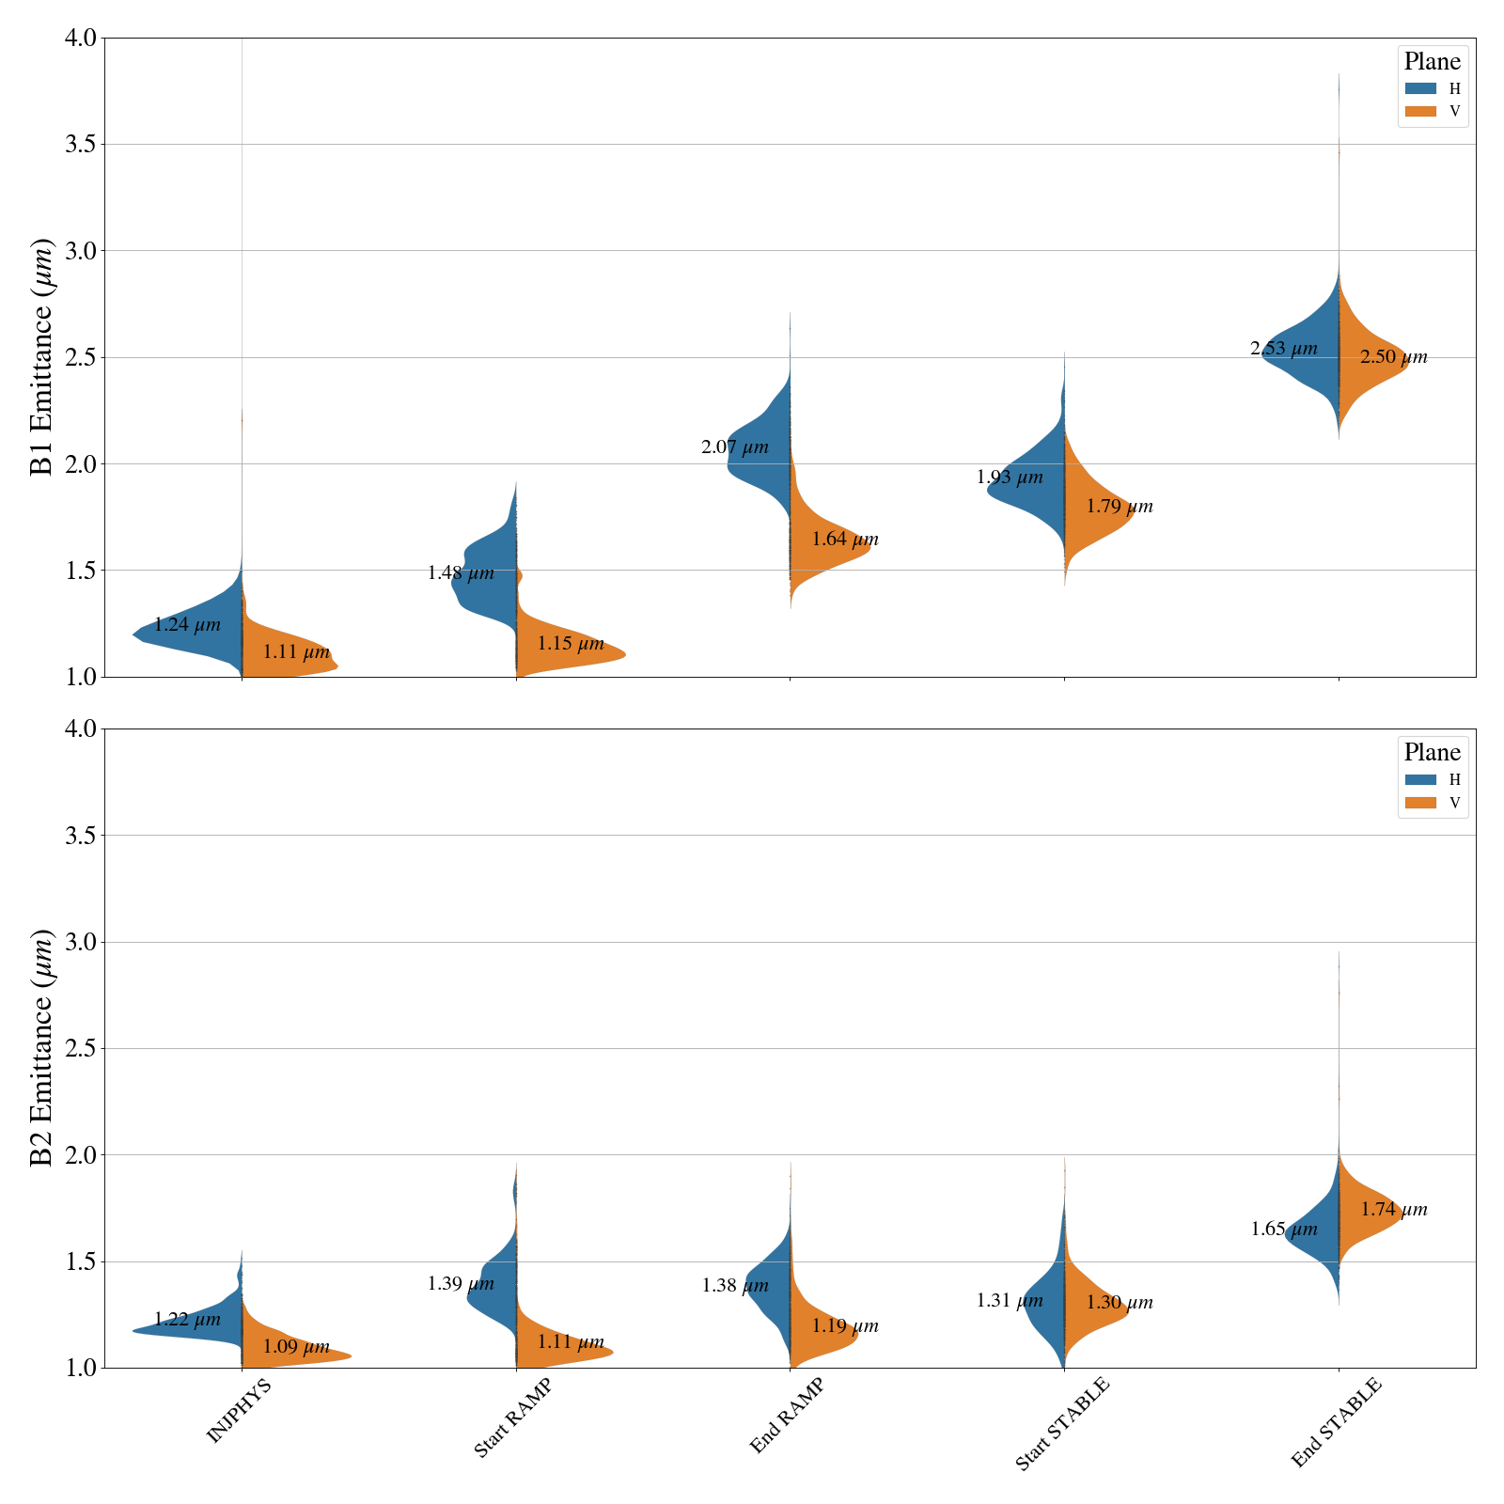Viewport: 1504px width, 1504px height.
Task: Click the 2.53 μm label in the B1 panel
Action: coord(1283,349)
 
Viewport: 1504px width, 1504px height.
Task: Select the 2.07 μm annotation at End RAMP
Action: coord(734,447)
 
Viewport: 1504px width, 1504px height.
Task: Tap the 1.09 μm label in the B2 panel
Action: coord(296,1346)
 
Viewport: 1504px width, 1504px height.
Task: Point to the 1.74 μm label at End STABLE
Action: coord(1394,1210)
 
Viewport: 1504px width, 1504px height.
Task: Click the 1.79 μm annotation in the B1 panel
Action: coord(1119,507)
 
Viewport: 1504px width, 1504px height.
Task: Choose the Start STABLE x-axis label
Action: coord(1062,1422)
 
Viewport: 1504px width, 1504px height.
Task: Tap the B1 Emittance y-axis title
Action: coord(42,357)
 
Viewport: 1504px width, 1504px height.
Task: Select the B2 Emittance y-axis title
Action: coord(42,1048)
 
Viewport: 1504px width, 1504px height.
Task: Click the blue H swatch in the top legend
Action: coord(1420,88)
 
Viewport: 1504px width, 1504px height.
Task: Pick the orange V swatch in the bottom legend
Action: coord(1420,803)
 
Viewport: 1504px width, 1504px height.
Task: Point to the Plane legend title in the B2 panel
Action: coord(1432,752)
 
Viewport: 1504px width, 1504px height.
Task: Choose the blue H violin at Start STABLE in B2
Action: coord(1043,1302)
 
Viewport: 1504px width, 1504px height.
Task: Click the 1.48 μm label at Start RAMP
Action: coord(461,573)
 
